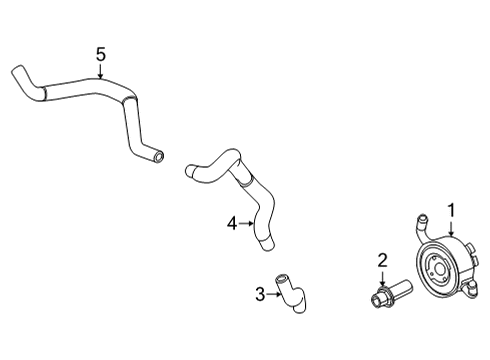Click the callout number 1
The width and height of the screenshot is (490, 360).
(451, 210)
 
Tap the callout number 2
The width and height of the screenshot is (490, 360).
(381, 262)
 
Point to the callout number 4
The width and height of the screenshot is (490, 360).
(231, 224)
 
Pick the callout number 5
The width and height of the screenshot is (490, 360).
(100, 54)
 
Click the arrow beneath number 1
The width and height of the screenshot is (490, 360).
(450, 228)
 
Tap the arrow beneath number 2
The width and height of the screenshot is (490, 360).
(381, 280)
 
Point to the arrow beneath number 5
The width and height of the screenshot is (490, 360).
(100, 70)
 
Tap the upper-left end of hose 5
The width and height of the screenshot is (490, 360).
(17, 72)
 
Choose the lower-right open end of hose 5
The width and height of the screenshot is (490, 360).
(159, 156)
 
